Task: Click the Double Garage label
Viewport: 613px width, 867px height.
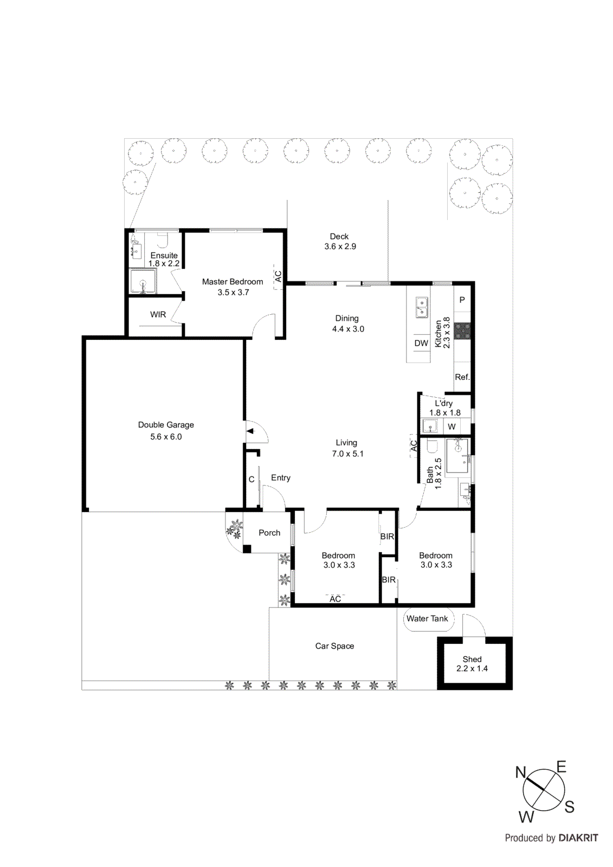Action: point(166,425)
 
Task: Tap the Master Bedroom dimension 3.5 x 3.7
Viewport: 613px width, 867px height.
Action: point(233,293)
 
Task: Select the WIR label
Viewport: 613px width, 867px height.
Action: point(158,314)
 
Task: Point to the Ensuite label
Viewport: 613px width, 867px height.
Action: point(164,255)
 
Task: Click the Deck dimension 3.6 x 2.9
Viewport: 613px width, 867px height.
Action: point(340,247)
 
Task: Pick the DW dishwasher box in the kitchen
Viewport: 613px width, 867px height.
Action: point(421,343)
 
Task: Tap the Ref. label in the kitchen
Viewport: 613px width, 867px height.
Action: point(462,377)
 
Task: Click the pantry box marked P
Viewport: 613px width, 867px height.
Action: point(462,300)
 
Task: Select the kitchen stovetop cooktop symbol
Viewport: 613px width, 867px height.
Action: point(462,331)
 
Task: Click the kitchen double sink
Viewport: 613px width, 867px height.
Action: point(421,307)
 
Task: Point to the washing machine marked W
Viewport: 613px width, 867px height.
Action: point(451,426)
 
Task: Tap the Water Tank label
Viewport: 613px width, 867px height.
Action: point(427,619)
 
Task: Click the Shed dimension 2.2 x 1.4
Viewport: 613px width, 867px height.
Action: point(472,669)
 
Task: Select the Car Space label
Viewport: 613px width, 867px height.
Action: point(334,646)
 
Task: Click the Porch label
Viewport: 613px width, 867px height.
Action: point(269,533)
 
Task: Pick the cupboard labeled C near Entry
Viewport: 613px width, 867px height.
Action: point(251,480)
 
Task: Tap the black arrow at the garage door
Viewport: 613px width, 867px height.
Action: point(250,431)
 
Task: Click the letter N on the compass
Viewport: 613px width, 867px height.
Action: point(521,772)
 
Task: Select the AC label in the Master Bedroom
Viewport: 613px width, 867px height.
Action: point(278,276)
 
